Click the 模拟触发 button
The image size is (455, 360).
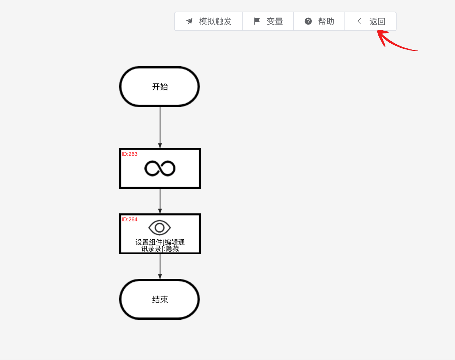pyautogui.click(x=208, y=21)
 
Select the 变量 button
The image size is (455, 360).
pyautogui.click(x=268, y=21)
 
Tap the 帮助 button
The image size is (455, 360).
pyautogui.click(x=319, y=21)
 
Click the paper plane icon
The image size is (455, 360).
pyautogui.click(x=189, y=21)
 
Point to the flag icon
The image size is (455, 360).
pyautogui.click(x=257, y=21)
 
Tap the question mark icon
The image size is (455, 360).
pyautogui.click(x=308, y=21)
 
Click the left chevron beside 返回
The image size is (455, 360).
pyautogui.click(x=359, y=21)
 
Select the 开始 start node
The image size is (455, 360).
pyautogui.click(x=160, y=87)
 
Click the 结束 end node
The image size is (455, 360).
pyautogui.click(x=160, y=299)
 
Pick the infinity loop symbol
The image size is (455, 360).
pyautogui.click(x=160, y=168)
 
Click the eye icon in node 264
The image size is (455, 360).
pyautogui.click(x=160, y=228)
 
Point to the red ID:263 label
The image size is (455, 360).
pyautogui.click(x=129, y=154)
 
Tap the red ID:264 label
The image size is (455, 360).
pyautogui.click(x=129, y=220)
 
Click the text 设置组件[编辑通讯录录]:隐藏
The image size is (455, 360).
pyautogui.click(x=160, y=245)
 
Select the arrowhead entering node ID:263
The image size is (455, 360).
pyautogui.click(x=160, y=146)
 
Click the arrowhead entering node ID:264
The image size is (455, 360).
pyautogui.click(x=160, y=211)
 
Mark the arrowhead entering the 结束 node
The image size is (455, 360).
pyautogui.click(x=160, y=276)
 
